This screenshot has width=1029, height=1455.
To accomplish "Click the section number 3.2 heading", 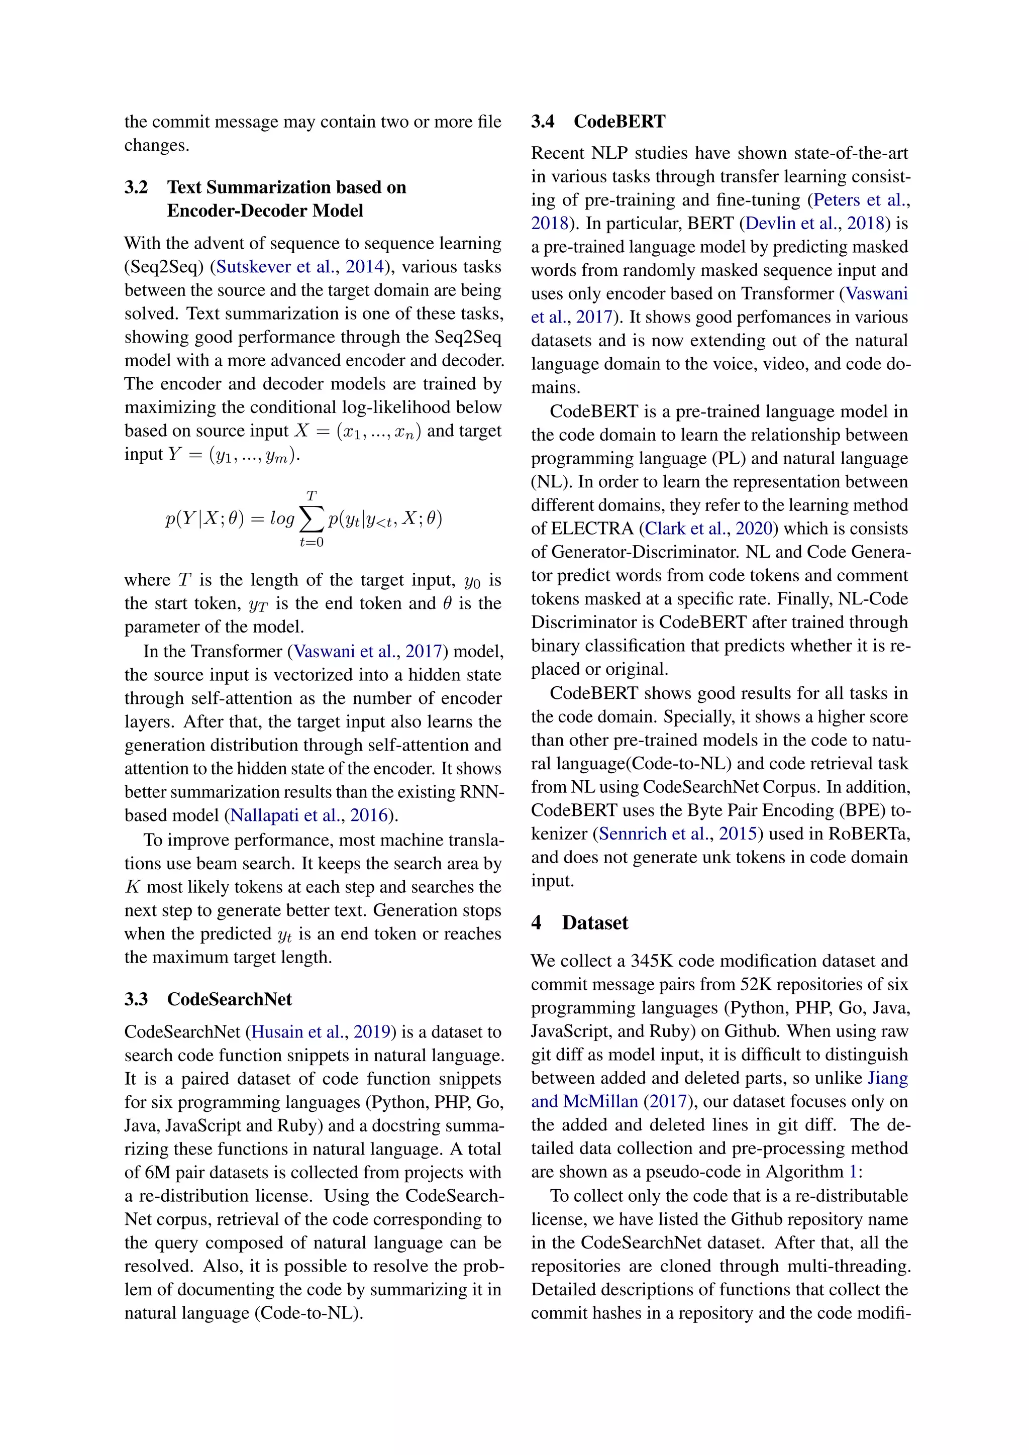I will (x=136, y=187).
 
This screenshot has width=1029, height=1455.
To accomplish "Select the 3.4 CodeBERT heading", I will (x=598, y=121).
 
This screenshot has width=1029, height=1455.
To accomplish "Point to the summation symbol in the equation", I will (x=311, y=519).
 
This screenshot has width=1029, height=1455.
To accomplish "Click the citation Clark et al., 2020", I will (x=708, y=529).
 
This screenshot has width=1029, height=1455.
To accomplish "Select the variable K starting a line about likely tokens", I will (x=133, y=887).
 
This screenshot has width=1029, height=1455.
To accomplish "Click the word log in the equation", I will (x=282, y=519).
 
